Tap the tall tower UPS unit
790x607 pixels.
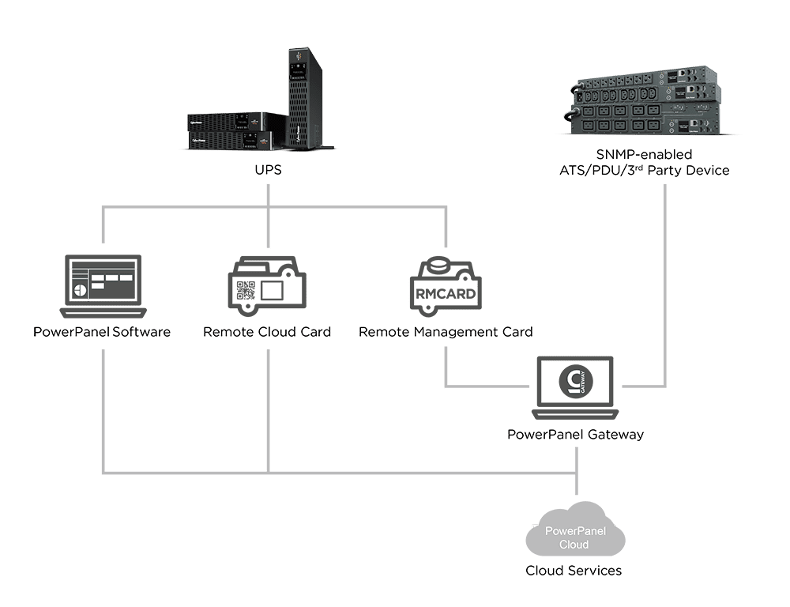(x=305, y=99)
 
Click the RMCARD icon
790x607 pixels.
(x=445, y=289)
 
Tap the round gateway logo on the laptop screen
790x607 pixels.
(x=574, y=381)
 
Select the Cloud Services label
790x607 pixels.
(x=574, y=570)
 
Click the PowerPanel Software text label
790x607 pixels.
(x=102, y=332)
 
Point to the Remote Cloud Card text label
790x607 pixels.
(x=267, y=332)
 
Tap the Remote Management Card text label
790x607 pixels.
(x=446, y=332)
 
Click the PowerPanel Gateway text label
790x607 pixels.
(x=575, y=434)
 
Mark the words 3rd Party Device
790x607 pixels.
(x=687, y=171)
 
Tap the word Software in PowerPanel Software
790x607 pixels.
(x=141, y=332)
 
